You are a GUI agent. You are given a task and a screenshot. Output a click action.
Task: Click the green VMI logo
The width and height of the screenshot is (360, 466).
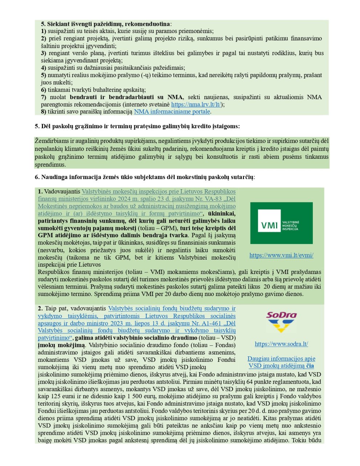(281, 223)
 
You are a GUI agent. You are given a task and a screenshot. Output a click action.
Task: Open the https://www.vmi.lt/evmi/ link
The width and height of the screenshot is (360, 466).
(281, 255)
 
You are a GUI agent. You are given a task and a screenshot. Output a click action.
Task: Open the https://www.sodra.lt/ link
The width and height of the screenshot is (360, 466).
(281, 344)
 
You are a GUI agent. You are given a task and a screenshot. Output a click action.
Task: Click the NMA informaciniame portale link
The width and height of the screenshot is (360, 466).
(172, 112)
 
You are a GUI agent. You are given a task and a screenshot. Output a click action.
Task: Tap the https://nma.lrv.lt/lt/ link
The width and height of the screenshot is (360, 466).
(196, 104)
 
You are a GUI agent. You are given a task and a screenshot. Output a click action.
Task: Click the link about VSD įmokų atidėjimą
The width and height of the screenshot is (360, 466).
(281, 362)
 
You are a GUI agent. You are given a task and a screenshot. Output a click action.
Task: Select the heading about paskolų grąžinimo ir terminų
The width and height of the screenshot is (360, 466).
(137, 126)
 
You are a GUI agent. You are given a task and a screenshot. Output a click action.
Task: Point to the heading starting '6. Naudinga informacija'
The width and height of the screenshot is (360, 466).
(145, 177)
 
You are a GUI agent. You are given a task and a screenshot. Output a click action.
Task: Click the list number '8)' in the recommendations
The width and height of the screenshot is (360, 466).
(44, 112)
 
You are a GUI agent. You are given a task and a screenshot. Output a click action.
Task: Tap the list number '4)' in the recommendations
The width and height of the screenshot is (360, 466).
(44, 68)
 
